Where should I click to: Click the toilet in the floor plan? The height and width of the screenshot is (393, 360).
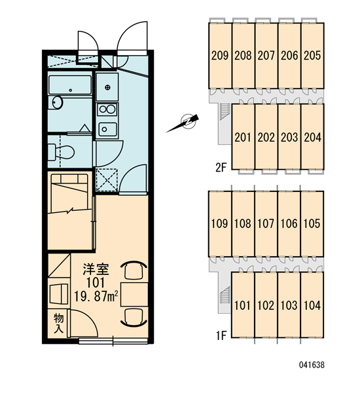[61, 152]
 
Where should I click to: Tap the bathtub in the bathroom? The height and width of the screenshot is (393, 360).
[70, 84]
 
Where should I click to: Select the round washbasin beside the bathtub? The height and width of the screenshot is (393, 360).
[58, 103]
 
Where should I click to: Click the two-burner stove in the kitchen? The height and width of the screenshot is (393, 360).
[107, 109]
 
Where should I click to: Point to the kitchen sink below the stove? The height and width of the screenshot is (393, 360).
[107, 129]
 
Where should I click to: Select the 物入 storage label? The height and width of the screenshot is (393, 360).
[59, 323]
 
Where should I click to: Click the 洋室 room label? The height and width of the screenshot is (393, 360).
[96, 269]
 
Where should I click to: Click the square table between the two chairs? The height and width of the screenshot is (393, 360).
[134, 295]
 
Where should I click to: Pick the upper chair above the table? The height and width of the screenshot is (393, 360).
[134, 270]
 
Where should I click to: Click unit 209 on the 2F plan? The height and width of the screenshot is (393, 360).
[220, 56]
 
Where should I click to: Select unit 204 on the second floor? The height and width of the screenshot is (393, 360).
[312, 137]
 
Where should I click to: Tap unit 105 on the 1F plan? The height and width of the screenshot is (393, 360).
[312, 224]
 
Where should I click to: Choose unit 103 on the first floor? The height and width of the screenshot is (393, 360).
[289, 305]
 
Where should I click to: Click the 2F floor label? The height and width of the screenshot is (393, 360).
[221, 168]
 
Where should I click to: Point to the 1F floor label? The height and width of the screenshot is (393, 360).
[221, 335]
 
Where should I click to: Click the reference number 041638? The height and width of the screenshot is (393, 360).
[312, 365]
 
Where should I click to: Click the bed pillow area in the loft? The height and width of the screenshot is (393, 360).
[69, 179]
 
